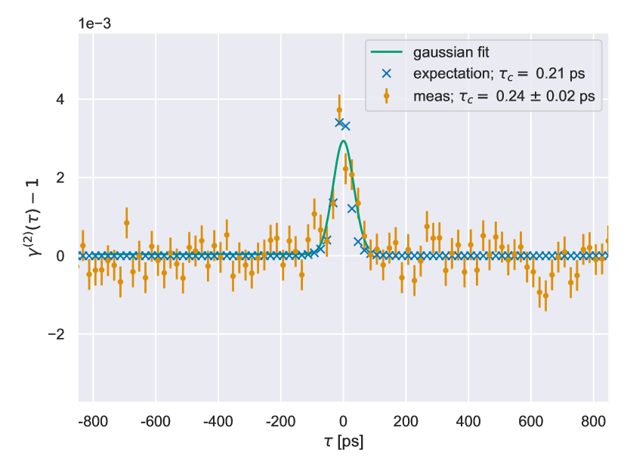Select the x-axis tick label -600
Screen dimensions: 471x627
coord(154,420)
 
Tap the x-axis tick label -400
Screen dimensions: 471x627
coord(217,420)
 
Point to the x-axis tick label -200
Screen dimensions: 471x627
coord(280,420)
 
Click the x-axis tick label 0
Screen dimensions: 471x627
coord(343,420)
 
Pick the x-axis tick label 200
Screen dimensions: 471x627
coord(406,420)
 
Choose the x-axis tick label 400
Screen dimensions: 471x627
coord(468,420)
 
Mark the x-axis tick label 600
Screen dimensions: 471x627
coord(532,420)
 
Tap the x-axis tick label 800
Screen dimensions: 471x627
coord(595,420)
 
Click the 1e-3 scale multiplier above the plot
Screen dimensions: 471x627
coord(95,22)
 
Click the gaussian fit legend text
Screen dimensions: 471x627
coord(446,53)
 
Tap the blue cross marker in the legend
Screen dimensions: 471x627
coord(387,74)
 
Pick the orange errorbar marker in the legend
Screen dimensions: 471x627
coord(387,96)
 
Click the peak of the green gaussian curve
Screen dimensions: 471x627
coord(343,141)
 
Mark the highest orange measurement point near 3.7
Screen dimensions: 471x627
coord(339,110)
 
